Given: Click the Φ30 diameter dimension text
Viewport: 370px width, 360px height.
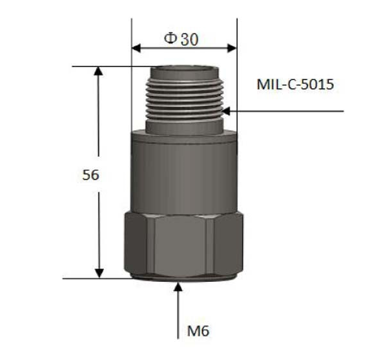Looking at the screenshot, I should pos(181,39).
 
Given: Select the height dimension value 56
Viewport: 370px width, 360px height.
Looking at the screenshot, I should pos(91,175).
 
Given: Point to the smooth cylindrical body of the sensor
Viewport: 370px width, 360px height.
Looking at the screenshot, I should pos(184,174).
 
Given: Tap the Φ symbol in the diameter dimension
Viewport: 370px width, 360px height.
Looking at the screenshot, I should pos(170,39).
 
